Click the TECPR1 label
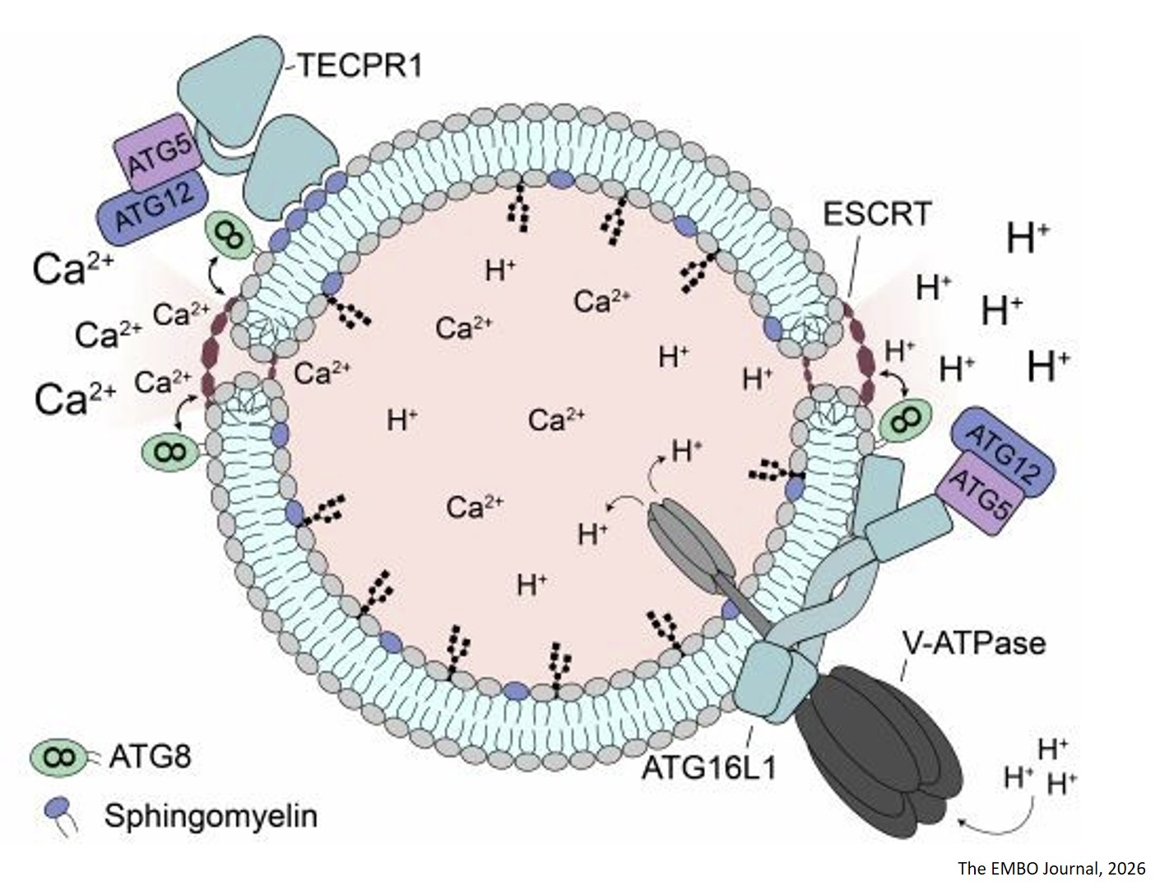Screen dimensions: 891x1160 coord(360,65)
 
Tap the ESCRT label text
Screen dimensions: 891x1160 coord(877,214)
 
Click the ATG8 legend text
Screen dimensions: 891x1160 coord(150,755)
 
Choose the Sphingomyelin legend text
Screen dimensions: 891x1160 coord(211,816)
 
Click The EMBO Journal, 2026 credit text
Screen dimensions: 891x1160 coord(1051,869)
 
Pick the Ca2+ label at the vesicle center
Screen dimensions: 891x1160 coord(556,420)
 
